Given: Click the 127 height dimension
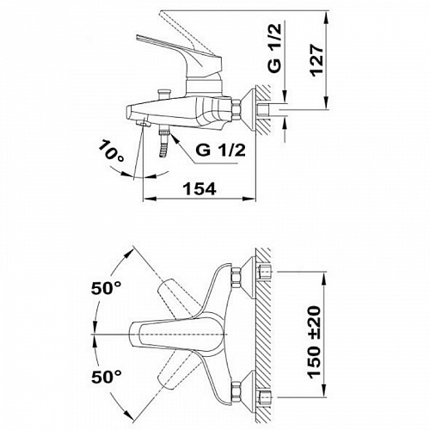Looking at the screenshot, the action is [x=317, y=59].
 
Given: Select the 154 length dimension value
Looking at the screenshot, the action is [x=200, y=189].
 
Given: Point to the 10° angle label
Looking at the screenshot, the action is [x=111, y=150].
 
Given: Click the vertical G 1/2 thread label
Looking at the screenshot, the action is [x=274, y=48].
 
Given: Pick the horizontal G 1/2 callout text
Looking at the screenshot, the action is [x=221, y=150].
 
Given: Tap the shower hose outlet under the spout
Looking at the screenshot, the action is [x=164, y=142].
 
